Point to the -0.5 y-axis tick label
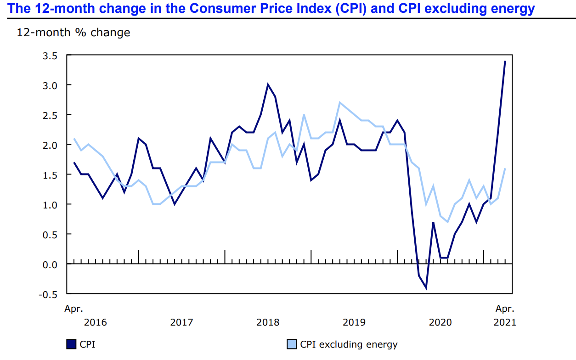coord(49,294)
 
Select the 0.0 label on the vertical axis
coord(51,264)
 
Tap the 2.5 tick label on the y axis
coord(51,115)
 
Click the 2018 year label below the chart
coord(268,322)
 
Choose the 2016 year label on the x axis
coord(95,322)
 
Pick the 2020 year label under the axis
coord(440,322)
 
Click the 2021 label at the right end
coord(504,322)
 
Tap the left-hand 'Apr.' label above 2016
coord(73,309)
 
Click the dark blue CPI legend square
coord(71,344)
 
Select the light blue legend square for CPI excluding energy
coord(291,344)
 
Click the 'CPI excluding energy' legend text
coord(349,344)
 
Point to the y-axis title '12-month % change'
coord(73,33)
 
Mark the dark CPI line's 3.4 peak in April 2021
coord(505,62)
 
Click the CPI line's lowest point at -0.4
coord(426,288)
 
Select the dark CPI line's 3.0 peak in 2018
coord(268,85)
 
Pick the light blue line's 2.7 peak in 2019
coord(339,103)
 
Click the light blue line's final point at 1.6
coord(505,169)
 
